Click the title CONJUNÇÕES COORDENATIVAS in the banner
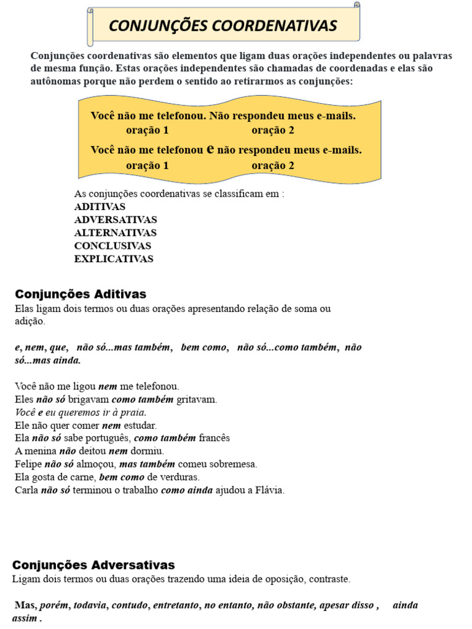[222, 25]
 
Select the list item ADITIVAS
[100, 207]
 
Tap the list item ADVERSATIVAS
[116, 220]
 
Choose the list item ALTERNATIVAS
[116, 233]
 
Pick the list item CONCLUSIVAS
[112, 246]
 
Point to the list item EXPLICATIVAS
[114, 259]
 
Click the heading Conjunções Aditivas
[81, 294]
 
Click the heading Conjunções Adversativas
[94, 565]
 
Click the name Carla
[26, 490]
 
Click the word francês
[214, 438]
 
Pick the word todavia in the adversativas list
[90, 606]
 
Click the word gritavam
[197, 399]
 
